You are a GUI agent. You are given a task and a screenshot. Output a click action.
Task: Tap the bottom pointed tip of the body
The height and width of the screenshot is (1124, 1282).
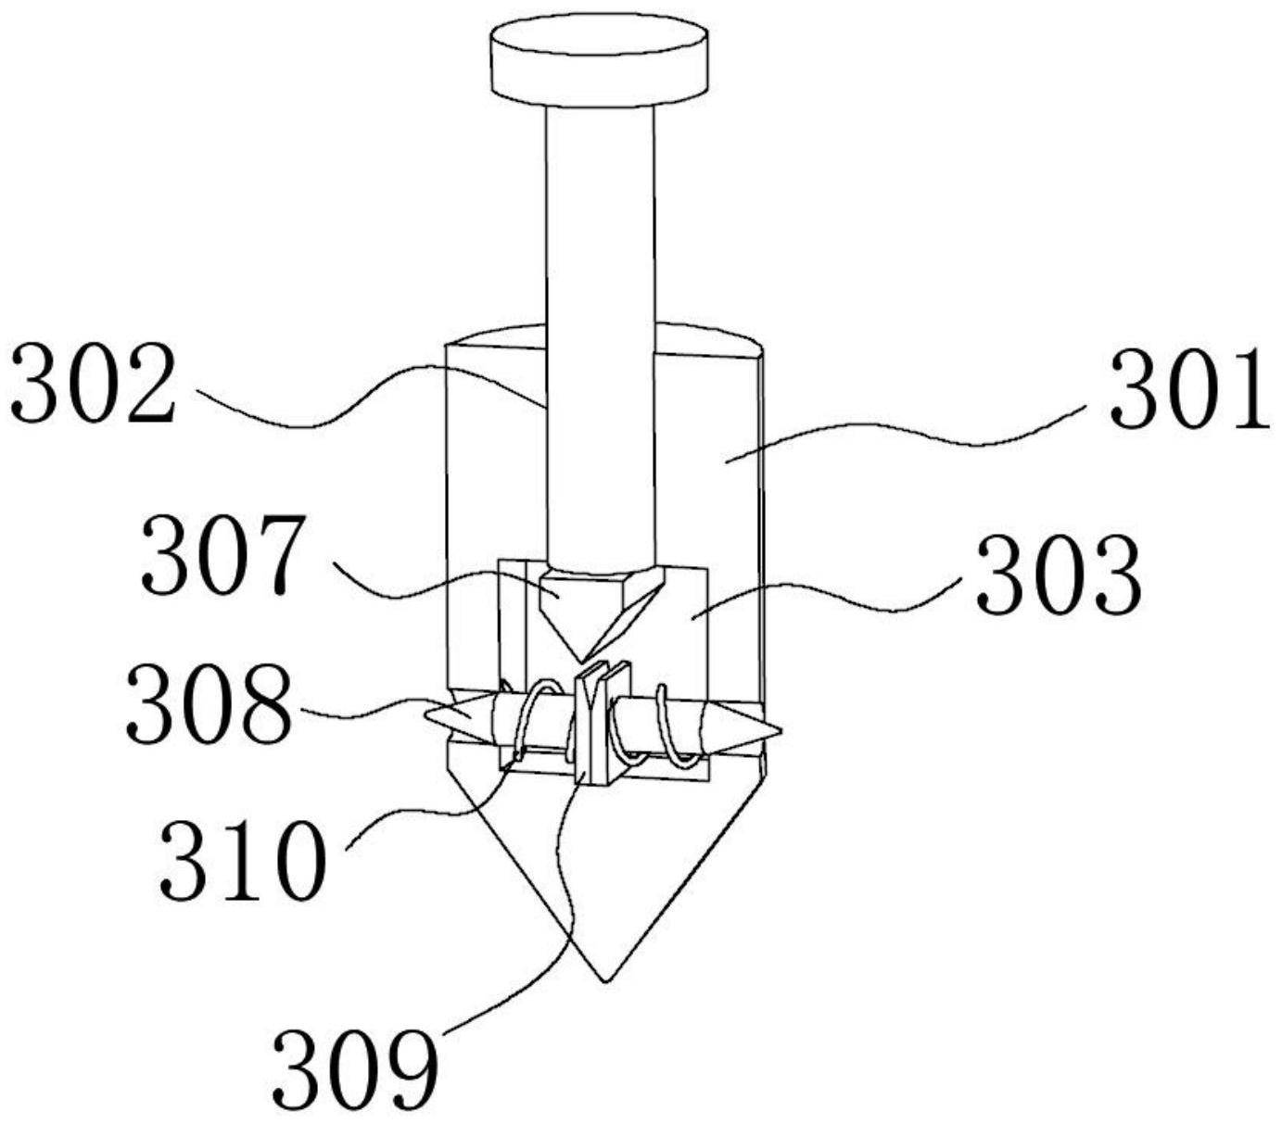[x=605, y=981]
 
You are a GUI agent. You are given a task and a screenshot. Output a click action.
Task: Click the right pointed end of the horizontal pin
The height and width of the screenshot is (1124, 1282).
[x=781, y=731]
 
